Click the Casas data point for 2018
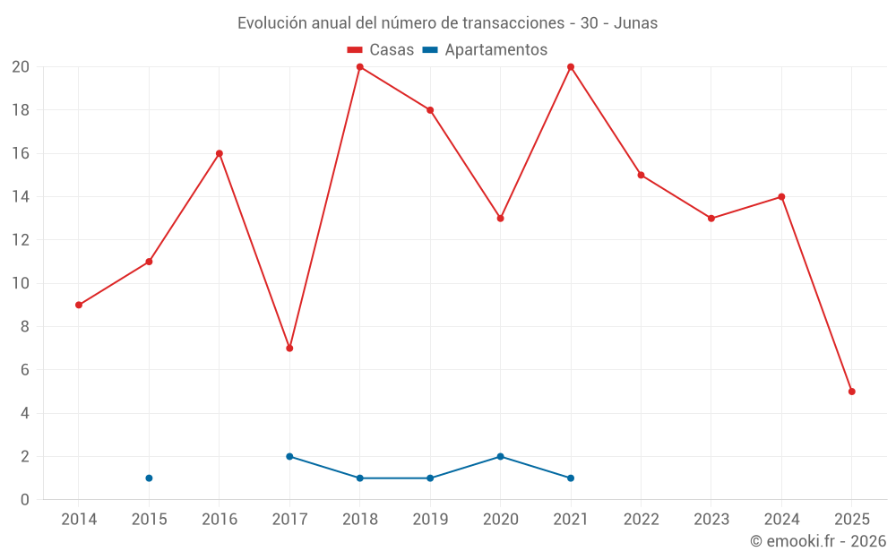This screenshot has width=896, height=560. (x=360, y=67)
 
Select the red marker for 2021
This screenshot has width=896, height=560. (x=571, y=67)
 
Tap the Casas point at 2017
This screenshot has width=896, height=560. (x=289, y=348)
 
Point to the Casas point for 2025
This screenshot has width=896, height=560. (x=851, y=392)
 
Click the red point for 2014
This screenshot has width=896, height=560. (x=79, y=305)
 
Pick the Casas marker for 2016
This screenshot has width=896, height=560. (x=220, y=153)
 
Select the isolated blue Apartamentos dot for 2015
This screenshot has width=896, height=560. (x=149, y=478)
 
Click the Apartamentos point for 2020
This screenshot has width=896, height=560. (x=500, y=456)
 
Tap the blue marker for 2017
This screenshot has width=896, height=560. (x=289, y=456)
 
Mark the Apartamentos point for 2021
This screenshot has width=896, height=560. (x=571, y=478)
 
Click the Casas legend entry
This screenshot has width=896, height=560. (x=381, y=50)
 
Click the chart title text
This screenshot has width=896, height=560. (x=447, y=23)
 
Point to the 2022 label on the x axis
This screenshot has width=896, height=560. (x=641, y=520)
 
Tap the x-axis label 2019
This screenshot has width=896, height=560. (x=430, y=520)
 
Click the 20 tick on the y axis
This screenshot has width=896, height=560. (x=21, y=67)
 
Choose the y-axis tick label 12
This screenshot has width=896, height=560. (x=21, y=240)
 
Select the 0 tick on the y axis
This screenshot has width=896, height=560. (x=25, y=500)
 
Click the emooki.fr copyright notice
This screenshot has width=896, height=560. (x=818, y=541)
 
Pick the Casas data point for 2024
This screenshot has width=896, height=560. (x=781, y=196)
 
